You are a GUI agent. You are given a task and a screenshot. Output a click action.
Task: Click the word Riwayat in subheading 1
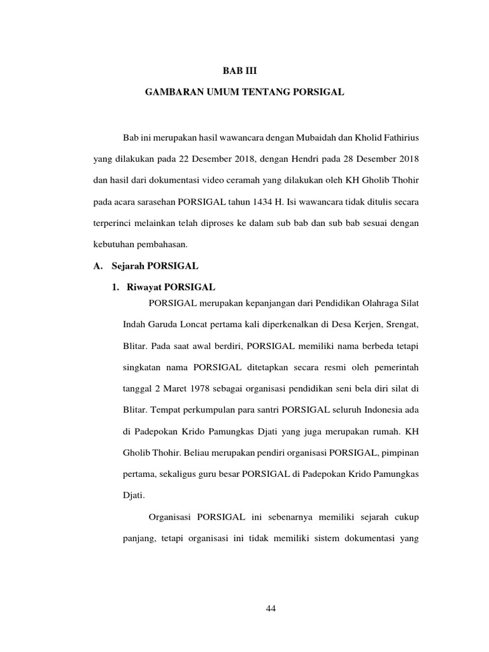[x=143, y=288]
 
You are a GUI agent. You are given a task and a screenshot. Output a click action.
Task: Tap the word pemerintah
[x=395, y=367]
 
